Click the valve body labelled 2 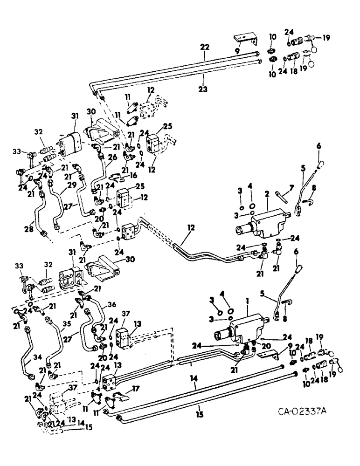266,223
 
